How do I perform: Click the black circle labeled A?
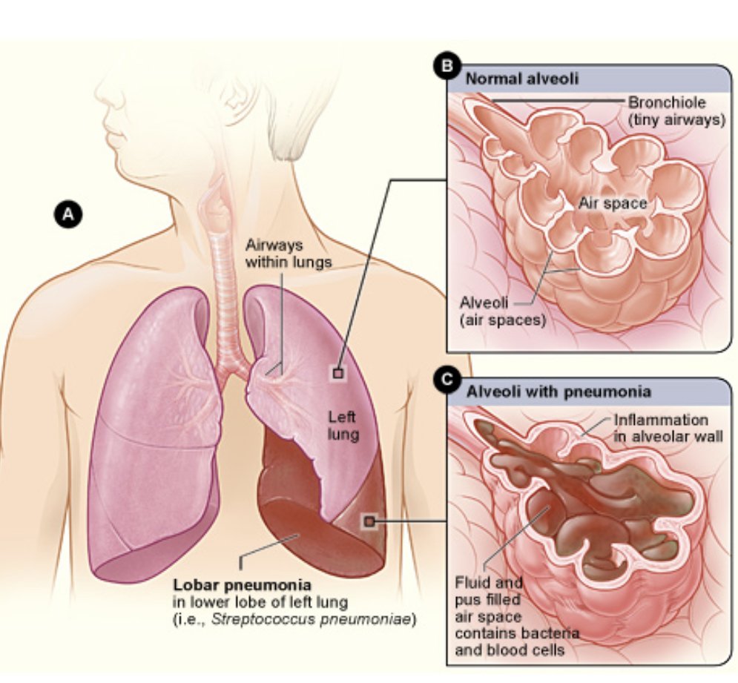point(68,214)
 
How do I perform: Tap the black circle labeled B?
point(447,65)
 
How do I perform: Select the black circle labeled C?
point(447,379)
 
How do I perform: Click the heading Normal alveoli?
point(522,78)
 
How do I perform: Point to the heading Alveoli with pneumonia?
point(559,392)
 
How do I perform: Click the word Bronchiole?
point(667,102)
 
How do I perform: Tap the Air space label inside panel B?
point(613,203)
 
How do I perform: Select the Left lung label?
point(343,426)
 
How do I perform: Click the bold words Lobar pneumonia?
point(243,585)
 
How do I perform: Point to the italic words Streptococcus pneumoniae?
point(311,619)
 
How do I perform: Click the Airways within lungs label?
point(289,253)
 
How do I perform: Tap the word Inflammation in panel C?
point(661,420)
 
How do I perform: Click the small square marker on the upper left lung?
point(338,373)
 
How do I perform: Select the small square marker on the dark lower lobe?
point(369,521)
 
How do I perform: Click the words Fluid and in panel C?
point(489,583)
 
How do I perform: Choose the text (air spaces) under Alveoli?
point(503,320)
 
